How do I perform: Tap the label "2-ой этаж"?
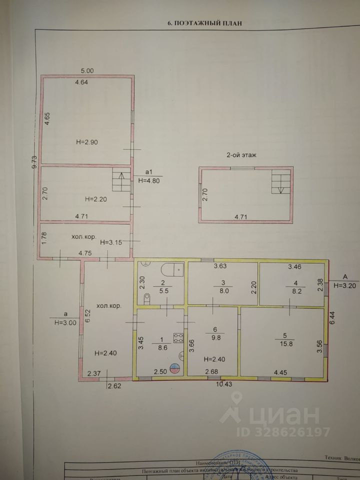[x=241, y=155]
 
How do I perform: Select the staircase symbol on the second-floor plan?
[x=279, y=181]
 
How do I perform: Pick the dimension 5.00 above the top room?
[x=87, y=70]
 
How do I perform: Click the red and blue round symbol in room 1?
[x=173, y=369]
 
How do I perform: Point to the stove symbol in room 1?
[x=177, y=337]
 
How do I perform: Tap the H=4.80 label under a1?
[x=148, y=181]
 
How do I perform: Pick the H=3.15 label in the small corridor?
[x=110, y=242]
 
